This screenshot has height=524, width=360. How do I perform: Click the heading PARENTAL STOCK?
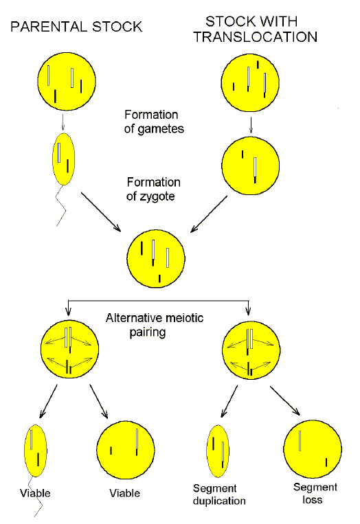pos(76,27)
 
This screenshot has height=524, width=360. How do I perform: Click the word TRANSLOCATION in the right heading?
pos(256,38)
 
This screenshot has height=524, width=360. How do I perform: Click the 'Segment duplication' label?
pos(219,494)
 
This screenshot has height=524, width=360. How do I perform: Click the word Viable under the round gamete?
pos(124,493)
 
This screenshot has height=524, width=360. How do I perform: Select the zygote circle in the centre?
pos(156,260)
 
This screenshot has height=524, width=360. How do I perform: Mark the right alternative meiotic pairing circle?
pos(247,351)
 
